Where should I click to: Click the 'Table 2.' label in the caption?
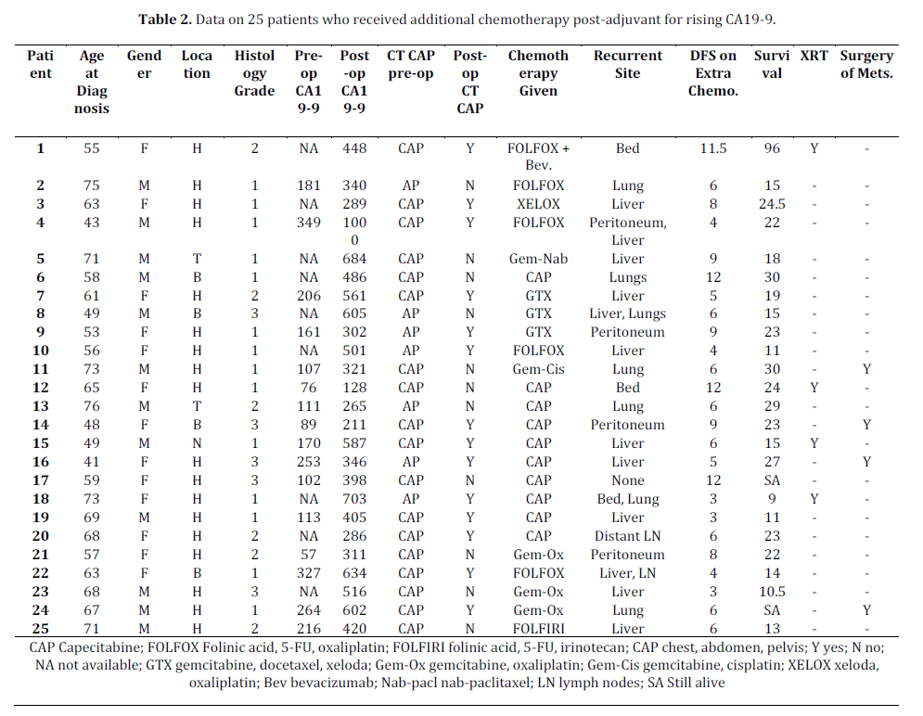click(x=165, y=19)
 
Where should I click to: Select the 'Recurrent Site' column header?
click(x=627, y=64)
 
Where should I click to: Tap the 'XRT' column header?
click(x=814, y=56)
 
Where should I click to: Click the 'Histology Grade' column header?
click(x=254, y=73)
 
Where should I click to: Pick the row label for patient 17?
click(x=40, y=480)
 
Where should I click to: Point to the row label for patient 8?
click(x=40, y=313)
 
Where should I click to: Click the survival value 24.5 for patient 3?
click(x=772, y=204)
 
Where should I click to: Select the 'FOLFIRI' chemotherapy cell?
click(x=538, y=628)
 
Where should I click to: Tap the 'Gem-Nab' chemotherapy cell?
click(x=538, y=259)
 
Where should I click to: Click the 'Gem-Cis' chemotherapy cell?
click(x=538, y=369)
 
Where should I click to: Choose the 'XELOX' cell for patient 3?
click(x=538, y=204)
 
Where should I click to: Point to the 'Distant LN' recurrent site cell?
click(x=627, y=536)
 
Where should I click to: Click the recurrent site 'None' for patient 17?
click(x=627, y=480)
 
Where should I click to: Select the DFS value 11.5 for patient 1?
click(x=712, y=148)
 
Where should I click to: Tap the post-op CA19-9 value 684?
click(x=354, y=259)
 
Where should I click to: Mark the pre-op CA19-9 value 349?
click(x=309, y=223)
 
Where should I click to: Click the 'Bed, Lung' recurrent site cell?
click(x=627, y=500)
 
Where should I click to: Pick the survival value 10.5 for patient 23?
click(x=772, y=592)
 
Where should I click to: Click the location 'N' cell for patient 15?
click(x=197, y=443)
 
